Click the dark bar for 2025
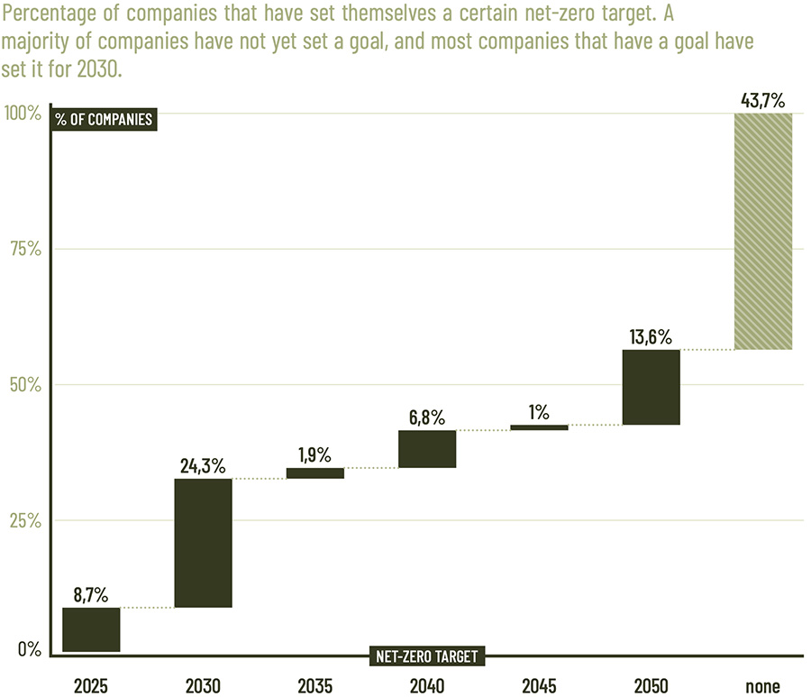[91, 629]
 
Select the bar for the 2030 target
[203, 543]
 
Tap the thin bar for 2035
[315, 472]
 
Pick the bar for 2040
[427, 449]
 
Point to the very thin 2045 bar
[539, 427]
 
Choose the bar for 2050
[651, 387]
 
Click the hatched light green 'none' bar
[763, 231]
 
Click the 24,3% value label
[203, 465]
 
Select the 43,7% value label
[763, 100]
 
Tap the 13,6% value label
[651, 336]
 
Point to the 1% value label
[539, 412]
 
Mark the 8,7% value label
[91, 594]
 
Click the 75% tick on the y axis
[24, 250]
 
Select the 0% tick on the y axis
[30, 649]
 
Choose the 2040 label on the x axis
[427, 686]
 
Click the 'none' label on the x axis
[763, 686]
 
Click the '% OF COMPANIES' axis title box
[104, 119]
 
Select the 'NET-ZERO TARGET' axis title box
[427, 656]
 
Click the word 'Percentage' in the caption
[46, 16]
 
